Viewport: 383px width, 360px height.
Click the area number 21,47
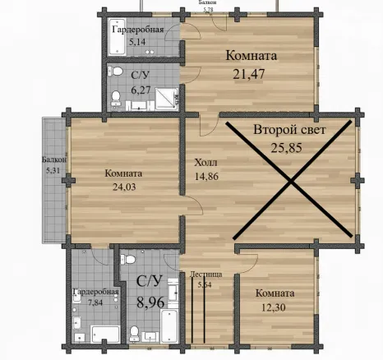click(249, 74)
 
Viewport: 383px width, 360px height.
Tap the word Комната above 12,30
click(275, 293)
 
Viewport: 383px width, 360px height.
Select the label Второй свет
click(289, 130)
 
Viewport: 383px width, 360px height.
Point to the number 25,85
click(287, 148)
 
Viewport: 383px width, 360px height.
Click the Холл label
click(205, 163)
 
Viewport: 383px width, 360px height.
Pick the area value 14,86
click(206, 176)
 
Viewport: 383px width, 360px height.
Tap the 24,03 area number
click(124, 187)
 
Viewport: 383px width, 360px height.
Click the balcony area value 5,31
click(53, 170)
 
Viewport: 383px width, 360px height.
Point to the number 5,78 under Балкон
click(208, 10)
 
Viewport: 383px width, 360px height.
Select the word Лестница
click(205, 275)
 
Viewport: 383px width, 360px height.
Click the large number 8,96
click(150, 302)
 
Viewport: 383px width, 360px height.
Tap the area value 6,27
click(141, 90)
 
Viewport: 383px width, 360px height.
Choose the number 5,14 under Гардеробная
click(137, 42)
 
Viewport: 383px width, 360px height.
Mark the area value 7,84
click(95, 302)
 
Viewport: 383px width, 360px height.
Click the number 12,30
click(274, 307)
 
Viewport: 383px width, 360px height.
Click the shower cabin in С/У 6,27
click(167, 99)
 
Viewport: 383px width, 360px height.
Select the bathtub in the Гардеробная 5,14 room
click(118, 37)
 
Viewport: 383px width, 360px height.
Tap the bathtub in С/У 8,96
click(169, 325)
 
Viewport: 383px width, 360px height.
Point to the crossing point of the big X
click(290, 181)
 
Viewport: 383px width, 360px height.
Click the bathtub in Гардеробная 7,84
click(105, 334)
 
